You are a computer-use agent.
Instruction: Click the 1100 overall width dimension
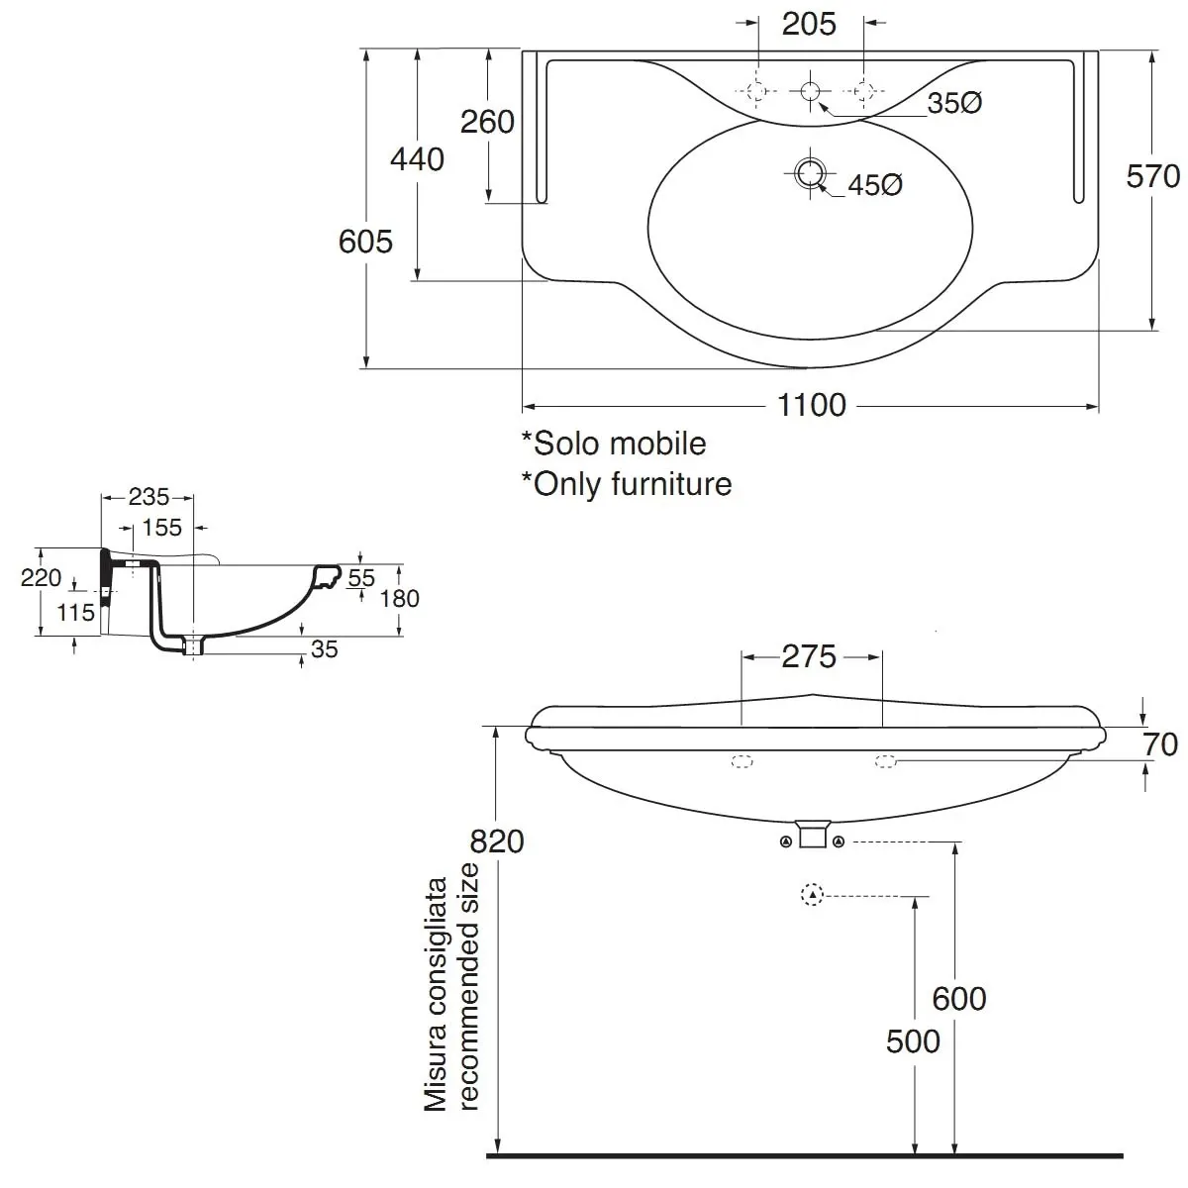pyautogui.click(x=812, y=405)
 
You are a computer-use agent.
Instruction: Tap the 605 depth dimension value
pyautogui.click(x=365, y=241)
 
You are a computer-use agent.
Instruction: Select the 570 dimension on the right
pyautogui.click(x=1153, y=176)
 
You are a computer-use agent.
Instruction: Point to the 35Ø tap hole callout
pyautogui.click(x=954, y=103)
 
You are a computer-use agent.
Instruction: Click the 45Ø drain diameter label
pyautogui.click(x=875, y=185)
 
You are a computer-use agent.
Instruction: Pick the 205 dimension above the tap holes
pyautogui.click(x=809, y=24)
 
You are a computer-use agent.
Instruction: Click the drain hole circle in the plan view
pyautogui.click(x=810, y=173)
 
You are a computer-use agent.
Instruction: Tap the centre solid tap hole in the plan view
pyautogui.click(x=810, y=91)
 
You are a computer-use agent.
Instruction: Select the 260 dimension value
pyautogui.click(x=487, y=122)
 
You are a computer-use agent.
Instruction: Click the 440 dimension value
pyautogui.click(x=417, y=159)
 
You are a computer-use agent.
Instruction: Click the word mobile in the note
pyautogui.click(x=662, y=444)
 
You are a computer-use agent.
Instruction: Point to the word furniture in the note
pyautogui.click(x=671, y=484)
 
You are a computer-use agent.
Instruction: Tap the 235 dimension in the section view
pyautogui.click(x=148, y=496)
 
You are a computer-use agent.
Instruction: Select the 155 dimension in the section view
pyautogui.click(x=162, y=528)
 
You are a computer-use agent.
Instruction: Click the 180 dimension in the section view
pyautogui.click(x=400, y=598)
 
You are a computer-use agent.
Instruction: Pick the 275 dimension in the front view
pyautogui.click(x=809, y=656)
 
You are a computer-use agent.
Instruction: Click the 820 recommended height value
pyautogui.click(x=496, y=841)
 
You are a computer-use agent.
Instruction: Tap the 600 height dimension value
pyautogui.click(x=958, y=999)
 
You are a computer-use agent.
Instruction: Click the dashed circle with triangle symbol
pyautogui.click(x=812, y=895)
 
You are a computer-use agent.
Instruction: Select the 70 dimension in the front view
pyautogui.click(x=1160, y=744)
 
